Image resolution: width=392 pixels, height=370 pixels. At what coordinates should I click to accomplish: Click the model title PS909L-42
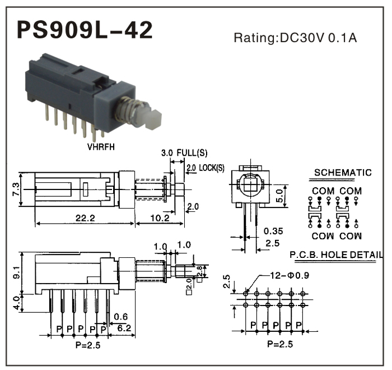(x=84, y=30)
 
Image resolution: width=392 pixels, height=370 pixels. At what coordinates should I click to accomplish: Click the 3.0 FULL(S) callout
(x=184, y=152)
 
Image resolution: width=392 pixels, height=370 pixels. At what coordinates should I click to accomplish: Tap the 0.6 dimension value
(x=120, y=317)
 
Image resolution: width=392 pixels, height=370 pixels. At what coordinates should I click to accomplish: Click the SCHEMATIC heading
(x=342, y=173)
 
